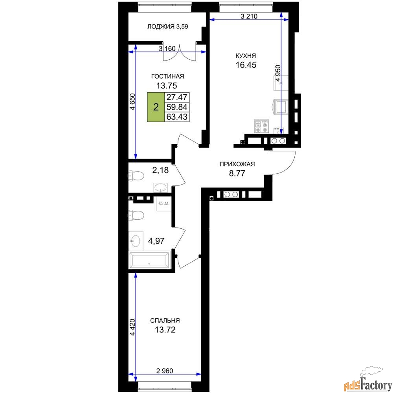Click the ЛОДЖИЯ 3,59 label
[165, 27]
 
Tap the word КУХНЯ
[243, 56]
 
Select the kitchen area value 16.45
[243, 65]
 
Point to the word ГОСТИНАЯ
[168, 76]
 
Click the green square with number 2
[156, 107]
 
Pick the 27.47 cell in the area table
[177, 97]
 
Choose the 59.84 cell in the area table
[177, 107]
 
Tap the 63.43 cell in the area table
[177, 117]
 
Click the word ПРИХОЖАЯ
[237, 165]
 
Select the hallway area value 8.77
[237, 174]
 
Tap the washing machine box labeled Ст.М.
[163, 205]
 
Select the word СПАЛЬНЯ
[164, 320]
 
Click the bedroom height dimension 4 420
[132, 327]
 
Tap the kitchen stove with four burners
[262, 127]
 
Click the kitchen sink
[281, 106]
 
